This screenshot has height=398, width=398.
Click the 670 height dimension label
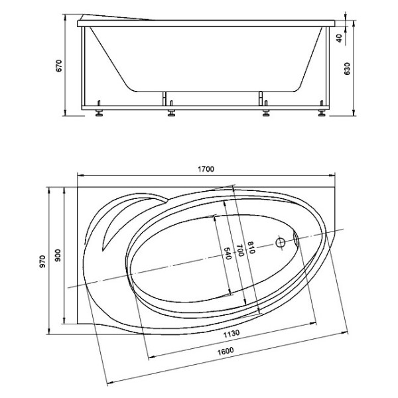click(x=58, y=66)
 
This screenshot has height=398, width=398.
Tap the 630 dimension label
click(x=347, y=68)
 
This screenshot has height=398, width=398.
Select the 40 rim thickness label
click(x=339, y=38)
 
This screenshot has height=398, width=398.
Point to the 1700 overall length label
click(x=206, y=169)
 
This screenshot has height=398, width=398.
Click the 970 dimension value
click(x=42, y=261)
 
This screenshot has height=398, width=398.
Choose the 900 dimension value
click(x=58, y=255)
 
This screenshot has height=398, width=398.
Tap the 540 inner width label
click(x=228, y=253)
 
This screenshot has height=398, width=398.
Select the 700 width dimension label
click(x=240, y=250)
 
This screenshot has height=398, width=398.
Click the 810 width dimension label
click(x=251, y=247)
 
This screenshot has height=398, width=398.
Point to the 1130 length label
click(x=232, y=333)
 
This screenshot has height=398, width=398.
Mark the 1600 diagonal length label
click(x=226, y=352)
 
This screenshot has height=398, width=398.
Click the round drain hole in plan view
click(x=281, y=243)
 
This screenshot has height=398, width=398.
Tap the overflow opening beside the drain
click(x=296, y=239)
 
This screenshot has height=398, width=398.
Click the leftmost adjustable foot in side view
click(x=99, y=109)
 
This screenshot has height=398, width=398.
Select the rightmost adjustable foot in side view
click(x=322, y=109)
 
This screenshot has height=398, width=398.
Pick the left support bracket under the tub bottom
click(x=165, y=98)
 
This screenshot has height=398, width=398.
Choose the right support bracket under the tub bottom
click(x=261, y=98)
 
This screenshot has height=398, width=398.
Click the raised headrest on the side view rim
click(x=114, y=17)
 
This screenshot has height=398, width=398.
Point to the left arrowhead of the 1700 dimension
click(x=80, y=175)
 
